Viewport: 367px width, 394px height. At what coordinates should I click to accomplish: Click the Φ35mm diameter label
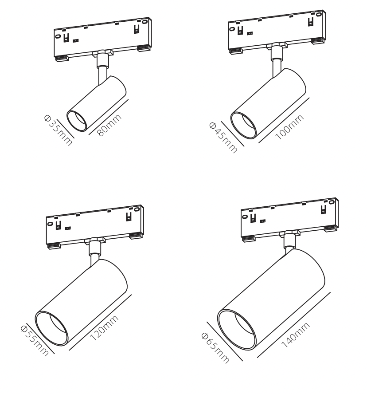tap(58, 130)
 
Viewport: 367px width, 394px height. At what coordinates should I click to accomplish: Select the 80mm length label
tap(109, 125)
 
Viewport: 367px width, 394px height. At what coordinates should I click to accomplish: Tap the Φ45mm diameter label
tap(223, 138)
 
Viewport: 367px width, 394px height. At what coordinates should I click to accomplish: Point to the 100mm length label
tap(289, 127)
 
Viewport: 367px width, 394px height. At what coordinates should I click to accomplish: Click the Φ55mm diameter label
tap(35, 340)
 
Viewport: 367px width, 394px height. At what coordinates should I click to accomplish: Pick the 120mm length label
tap(104, 327)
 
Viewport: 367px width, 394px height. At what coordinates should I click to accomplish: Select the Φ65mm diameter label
tap(215, 348)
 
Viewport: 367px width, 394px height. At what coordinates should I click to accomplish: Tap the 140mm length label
tap(296, 335)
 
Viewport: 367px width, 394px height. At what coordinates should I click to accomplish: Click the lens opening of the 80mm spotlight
tap(77, 121)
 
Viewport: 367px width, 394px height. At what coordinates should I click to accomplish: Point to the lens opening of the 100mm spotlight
tap(243, 125)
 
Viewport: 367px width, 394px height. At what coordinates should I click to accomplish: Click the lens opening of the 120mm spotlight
tap(51, 328)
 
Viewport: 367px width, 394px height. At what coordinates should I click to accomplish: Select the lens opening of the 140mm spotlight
tap(237, 330)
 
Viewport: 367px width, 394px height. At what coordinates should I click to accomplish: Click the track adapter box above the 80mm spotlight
tap(103, 39)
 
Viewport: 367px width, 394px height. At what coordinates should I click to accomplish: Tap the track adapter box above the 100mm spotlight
tap(277, 32)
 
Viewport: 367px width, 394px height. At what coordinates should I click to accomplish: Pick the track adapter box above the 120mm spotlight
tap(95, 227)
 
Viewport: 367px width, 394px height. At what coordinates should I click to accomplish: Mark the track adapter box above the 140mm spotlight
tap(290, 220)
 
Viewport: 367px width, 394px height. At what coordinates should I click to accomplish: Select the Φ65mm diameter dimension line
tap(225, 341)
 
